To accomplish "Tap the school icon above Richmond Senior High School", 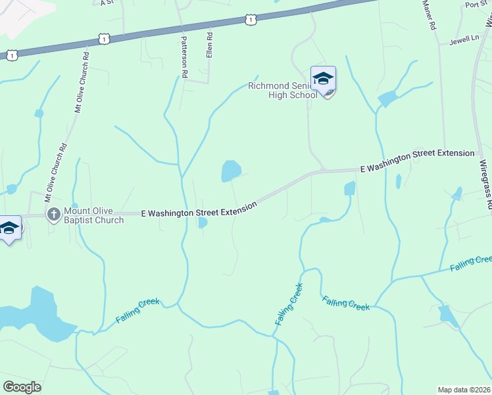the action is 323,80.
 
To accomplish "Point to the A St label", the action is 107,3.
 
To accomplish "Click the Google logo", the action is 22,386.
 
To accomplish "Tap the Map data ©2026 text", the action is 464,389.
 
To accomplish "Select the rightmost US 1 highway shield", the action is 250,20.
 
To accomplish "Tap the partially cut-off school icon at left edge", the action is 9,229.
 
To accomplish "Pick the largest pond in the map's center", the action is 230,171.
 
